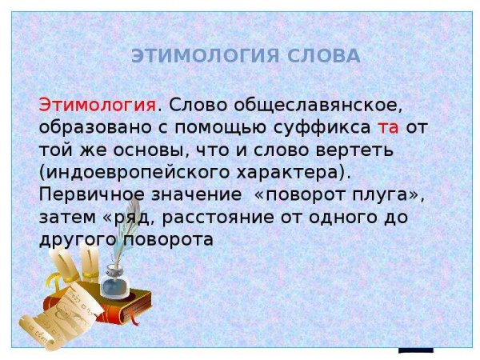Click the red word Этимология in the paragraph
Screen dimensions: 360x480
coord(97,106)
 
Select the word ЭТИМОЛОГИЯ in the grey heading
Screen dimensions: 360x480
coord(200,56)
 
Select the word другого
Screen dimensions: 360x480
coord(77,239)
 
